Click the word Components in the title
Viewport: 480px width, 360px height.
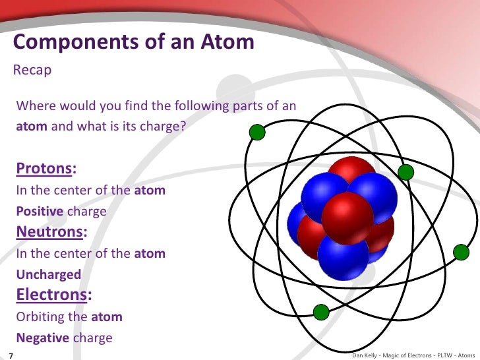76,42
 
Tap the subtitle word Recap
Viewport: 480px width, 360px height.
32,71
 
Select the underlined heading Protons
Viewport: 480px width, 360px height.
44,168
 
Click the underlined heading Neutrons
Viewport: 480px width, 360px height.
49,231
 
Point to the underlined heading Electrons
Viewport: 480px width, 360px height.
51,295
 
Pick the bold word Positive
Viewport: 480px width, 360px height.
40,211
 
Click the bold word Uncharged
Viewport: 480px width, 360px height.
49,274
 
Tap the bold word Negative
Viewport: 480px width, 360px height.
43,338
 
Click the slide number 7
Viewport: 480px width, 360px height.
11,356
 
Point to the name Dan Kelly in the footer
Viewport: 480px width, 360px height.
364,355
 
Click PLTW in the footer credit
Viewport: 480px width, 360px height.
444,355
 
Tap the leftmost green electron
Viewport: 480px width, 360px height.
257,133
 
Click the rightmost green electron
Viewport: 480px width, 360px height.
461,253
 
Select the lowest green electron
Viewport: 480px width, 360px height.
321,313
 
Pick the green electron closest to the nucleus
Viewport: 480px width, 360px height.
406,172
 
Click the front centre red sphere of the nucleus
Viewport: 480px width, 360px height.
347,218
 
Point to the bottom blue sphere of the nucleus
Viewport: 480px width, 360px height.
343,256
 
